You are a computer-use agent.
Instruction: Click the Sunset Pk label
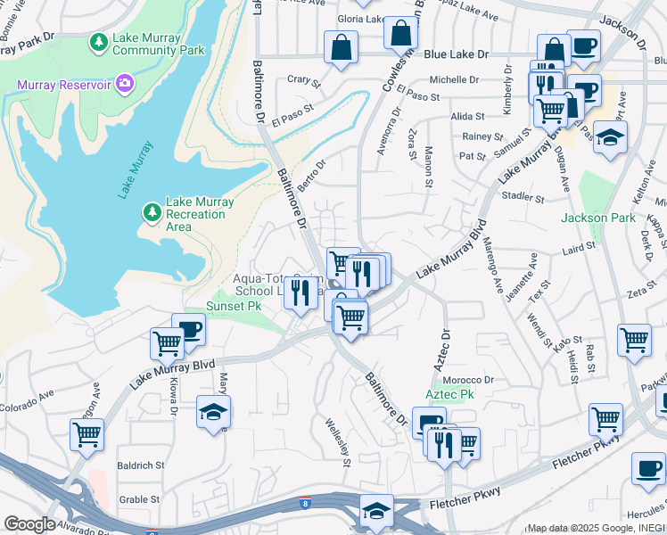234,305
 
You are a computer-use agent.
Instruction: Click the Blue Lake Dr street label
457,54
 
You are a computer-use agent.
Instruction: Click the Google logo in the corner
29,523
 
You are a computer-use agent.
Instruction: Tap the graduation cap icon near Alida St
610,137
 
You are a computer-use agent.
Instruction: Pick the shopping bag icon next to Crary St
341,48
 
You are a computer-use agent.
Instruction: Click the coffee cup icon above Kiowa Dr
188,329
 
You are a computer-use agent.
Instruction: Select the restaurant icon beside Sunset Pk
301,292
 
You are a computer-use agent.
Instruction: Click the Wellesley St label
335,442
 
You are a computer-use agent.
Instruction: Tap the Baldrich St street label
141,465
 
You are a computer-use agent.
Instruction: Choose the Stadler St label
523,196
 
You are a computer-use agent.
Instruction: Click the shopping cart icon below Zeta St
633,340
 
